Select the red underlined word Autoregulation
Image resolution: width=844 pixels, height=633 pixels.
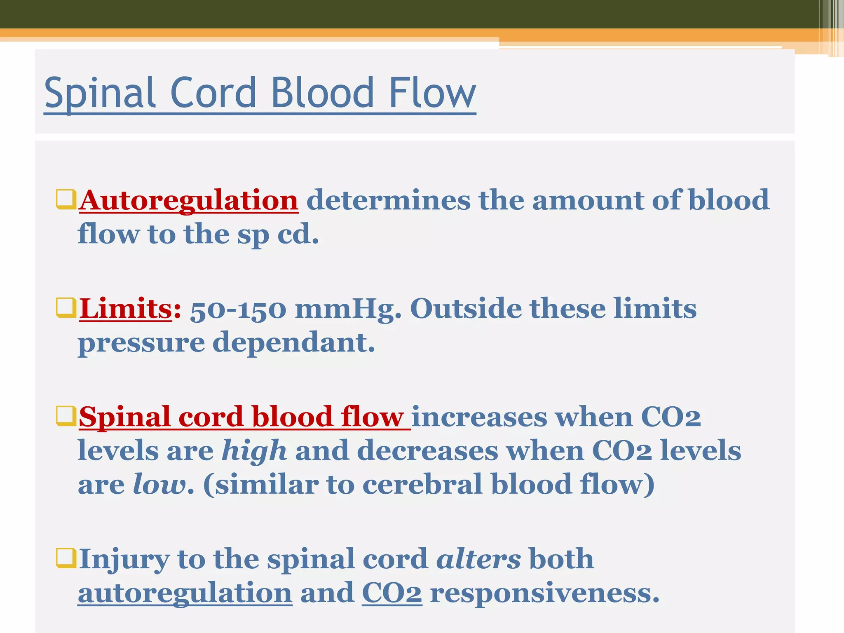tap(189, 201)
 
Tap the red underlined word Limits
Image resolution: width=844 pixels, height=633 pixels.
tap(125, 309)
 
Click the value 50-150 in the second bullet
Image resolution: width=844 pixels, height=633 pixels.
tap(238, 310)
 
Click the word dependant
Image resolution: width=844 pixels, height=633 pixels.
tap(293, 343)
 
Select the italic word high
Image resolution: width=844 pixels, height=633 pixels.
tap(254, 450)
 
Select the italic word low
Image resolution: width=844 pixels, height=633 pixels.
tap(159, 485)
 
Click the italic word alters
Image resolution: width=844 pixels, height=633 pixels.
tap(478, 560)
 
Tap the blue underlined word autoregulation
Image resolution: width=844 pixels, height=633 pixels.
tap(185, 593)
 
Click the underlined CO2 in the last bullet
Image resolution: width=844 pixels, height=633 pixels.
tap(392, 593)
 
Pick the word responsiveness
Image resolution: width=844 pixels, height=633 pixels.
tap(544, 593)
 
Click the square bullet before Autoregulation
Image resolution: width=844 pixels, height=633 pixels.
tap(66, 199)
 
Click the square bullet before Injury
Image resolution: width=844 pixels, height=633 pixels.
tap(66, 558)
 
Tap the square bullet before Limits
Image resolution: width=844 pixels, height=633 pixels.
tap(66, 308)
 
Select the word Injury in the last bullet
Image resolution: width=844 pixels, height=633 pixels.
tap(124, 560)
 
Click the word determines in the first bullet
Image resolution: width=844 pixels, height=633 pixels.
tap(388, 201)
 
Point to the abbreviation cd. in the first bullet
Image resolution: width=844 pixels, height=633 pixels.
tap(298, 235)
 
